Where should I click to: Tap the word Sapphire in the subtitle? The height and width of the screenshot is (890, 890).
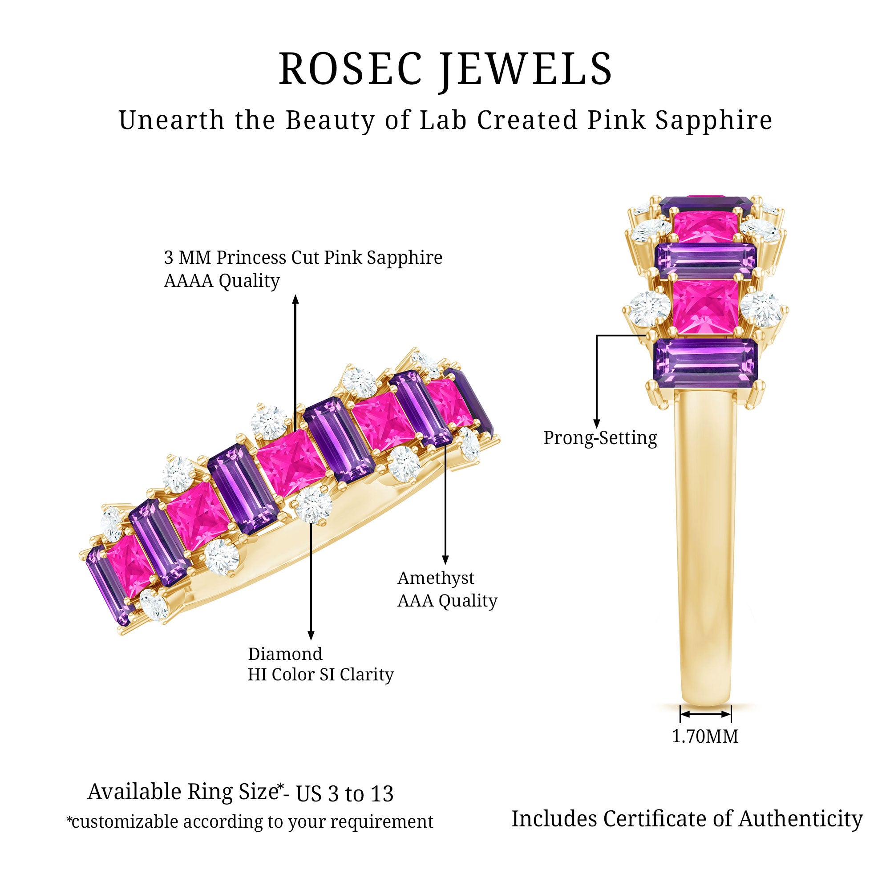(x=714, y=121)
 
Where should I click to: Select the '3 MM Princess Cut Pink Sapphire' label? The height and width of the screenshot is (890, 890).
(x=303, y=258)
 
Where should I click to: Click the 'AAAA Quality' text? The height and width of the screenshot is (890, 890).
(x=222, y=280)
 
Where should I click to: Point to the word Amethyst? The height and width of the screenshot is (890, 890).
(x=435, y=578)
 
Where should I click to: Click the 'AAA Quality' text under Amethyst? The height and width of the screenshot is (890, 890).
(x=447, y=601)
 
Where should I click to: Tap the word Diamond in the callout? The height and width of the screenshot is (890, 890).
(x=285, y=654)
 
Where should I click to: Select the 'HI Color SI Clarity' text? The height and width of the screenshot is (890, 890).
(x=320, y=675)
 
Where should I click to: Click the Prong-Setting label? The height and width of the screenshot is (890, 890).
(x=600, y=438)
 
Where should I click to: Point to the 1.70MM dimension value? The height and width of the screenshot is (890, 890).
(x=705, y=736)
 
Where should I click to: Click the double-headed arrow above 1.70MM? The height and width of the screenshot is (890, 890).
(x=705, y=715)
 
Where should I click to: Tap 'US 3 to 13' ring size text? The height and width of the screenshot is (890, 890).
(x=344, y=794)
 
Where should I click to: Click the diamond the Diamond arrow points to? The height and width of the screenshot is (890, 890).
(x=313, y=505)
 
